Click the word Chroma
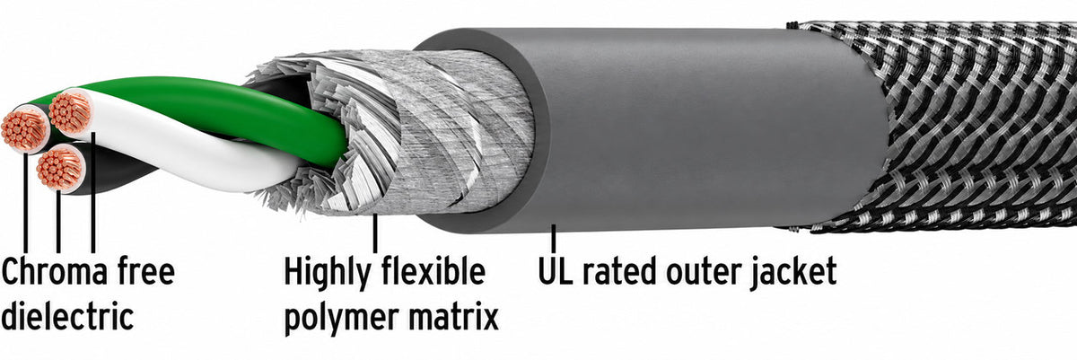[55, 270]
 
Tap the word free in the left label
[146, 270]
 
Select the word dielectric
[67, 315]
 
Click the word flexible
[433, 270]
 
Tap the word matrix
[453, 315]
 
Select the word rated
[619, 271]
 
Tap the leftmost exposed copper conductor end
[23, 130]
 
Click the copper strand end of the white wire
[70, 113]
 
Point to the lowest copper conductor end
[59, 168]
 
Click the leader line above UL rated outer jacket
[554, 237]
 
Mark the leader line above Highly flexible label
[375, 233]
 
